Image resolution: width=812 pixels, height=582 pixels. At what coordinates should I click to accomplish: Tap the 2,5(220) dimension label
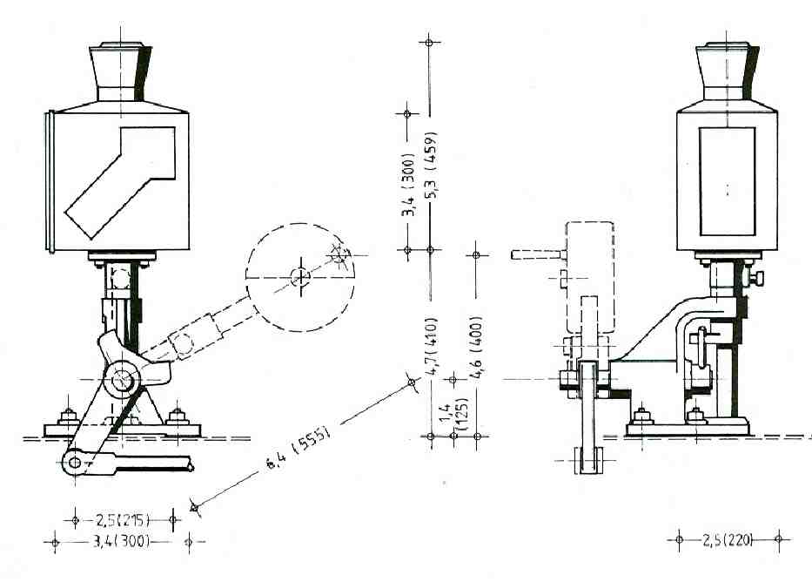(728, 539)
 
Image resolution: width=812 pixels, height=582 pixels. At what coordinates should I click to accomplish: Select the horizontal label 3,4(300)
(121, 542)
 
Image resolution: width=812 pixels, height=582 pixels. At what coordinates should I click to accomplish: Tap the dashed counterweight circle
(301, 277)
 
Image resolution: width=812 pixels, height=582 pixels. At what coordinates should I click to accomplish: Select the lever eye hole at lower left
(77, 462)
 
